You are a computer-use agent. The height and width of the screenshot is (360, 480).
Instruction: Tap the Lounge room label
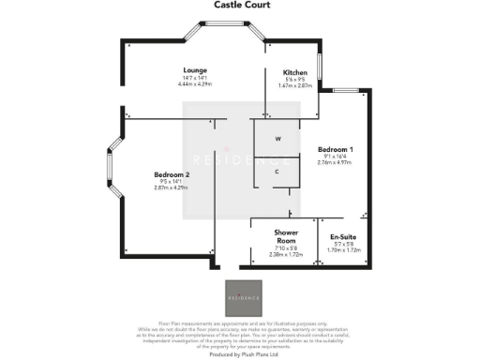[195, 70]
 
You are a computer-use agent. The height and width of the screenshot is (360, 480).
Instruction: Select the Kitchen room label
[296, 72]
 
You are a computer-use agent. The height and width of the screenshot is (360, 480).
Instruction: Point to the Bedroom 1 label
[336, 150]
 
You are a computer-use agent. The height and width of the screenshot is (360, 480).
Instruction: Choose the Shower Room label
[286, 235]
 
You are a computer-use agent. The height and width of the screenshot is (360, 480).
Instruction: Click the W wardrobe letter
[277, 139]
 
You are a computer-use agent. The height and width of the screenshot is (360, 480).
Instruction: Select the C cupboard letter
[277, 172]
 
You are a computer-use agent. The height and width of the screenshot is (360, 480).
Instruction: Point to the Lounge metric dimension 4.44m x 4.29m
[195, 85]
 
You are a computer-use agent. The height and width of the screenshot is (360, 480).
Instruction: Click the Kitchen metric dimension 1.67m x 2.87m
[296, 85]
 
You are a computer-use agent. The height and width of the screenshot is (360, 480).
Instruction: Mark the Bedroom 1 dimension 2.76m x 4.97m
[336, 163]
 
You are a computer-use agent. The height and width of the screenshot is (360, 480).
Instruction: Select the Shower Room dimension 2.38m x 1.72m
[286, 254]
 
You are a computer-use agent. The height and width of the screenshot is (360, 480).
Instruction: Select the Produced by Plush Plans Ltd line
[239, 355]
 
